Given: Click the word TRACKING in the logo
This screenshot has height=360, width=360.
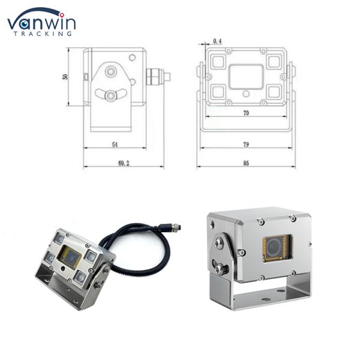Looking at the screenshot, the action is coord(43,34).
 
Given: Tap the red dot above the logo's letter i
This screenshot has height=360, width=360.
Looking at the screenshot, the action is coord(62,15).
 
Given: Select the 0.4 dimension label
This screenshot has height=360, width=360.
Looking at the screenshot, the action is coord(217,41).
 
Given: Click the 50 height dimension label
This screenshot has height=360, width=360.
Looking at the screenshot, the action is coord(65,76).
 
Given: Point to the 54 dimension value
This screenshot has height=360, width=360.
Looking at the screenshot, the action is coord(115,145).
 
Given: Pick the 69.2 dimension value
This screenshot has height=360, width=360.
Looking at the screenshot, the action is coord(124,163).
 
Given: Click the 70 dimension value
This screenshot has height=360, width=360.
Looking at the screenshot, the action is coord(246,113).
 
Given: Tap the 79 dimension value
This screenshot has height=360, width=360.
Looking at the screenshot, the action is coord(246,145).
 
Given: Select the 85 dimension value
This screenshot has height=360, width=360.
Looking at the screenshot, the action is coord(246,163).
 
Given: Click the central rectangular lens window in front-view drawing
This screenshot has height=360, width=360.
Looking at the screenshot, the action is coord(246,77).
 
